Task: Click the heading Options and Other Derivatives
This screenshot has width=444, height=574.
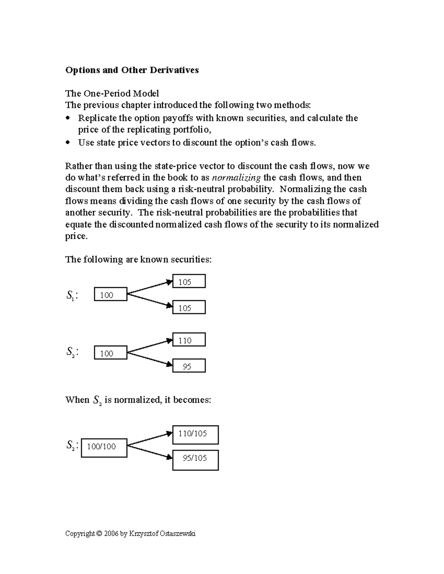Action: (132, 70)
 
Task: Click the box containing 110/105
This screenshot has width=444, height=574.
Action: (195, 435)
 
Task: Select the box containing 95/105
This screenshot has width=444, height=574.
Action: (195, 460)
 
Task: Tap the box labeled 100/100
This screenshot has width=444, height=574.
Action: (104, 448)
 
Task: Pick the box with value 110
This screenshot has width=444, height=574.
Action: (189, 340)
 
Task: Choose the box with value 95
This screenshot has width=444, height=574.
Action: (189, 366)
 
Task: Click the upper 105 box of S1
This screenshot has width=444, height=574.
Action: (189, 281)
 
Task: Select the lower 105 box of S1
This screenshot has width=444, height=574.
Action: (189, 308)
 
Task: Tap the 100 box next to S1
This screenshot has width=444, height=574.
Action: (110, 294)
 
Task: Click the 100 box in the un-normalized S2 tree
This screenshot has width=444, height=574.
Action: (110, 353)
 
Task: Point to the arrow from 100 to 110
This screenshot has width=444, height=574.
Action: (150, 346)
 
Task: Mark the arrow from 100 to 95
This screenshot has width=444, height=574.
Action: (150, 359)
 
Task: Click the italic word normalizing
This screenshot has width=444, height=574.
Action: (236, 178)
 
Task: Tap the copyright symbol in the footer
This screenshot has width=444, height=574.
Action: (99, 534)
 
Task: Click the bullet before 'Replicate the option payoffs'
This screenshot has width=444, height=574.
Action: (67, 119)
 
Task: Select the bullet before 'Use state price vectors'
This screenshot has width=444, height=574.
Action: (67, 143)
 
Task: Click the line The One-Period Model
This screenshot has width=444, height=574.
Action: (112, 94)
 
